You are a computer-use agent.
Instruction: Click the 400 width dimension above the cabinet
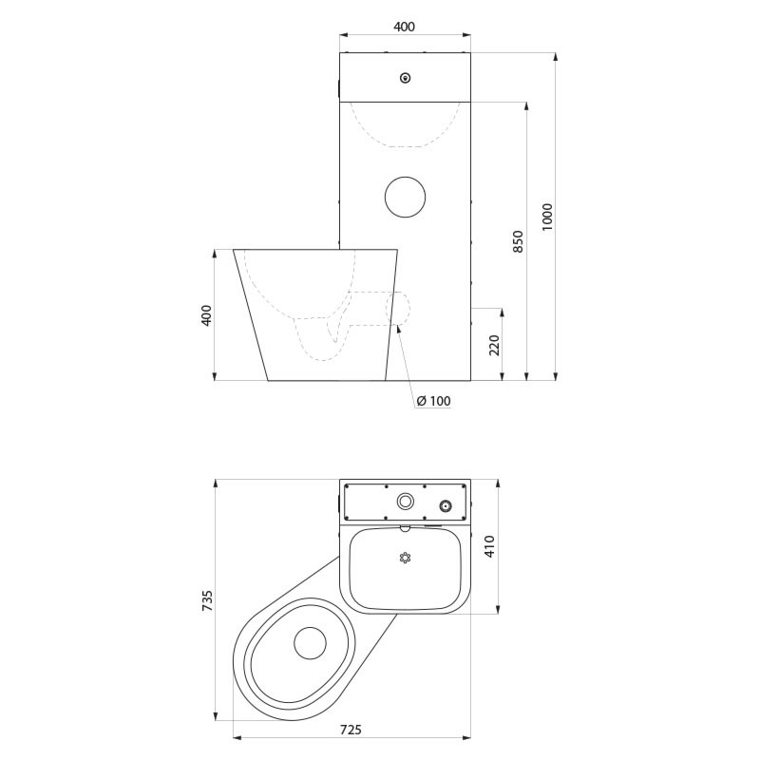[404, 27]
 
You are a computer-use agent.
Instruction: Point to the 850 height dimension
[518, 241]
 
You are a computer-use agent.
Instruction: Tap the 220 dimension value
[494, 344]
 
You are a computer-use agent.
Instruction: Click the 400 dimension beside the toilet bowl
[206, 315]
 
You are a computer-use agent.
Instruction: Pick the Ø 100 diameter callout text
[433, 401]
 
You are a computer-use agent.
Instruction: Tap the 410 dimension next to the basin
[490, 546]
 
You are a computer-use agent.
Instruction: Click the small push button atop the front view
[406, 78]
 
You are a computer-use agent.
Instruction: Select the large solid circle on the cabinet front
[406, 196]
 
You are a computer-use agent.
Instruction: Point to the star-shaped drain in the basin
[406, 558]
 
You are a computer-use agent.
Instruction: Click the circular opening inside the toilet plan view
[311, 643]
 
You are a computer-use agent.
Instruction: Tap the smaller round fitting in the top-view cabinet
[444, 504]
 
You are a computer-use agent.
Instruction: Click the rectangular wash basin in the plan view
[406, 570]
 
